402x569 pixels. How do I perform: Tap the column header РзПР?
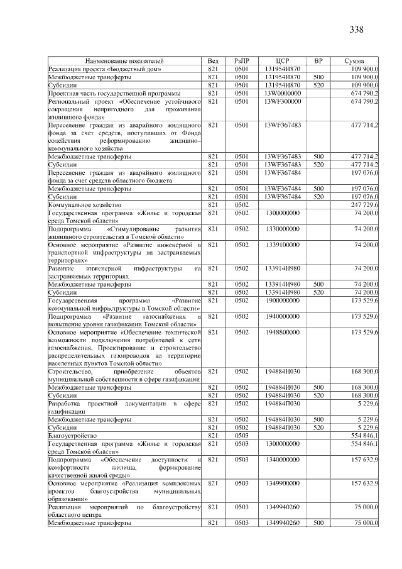point(242,61)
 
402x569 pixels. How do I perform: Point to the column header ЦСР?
point(282,61)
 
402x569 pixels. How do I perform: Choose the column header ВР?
point(318,61)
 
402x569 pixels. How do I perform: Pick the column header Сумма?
point(354,61)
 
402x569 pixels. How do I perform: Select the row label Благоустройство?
point(72,435)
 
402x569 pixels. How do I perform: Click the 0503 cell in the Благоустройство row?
point(242,435)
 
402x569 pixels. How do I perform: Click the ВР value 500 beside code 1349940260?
point(318,522)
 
